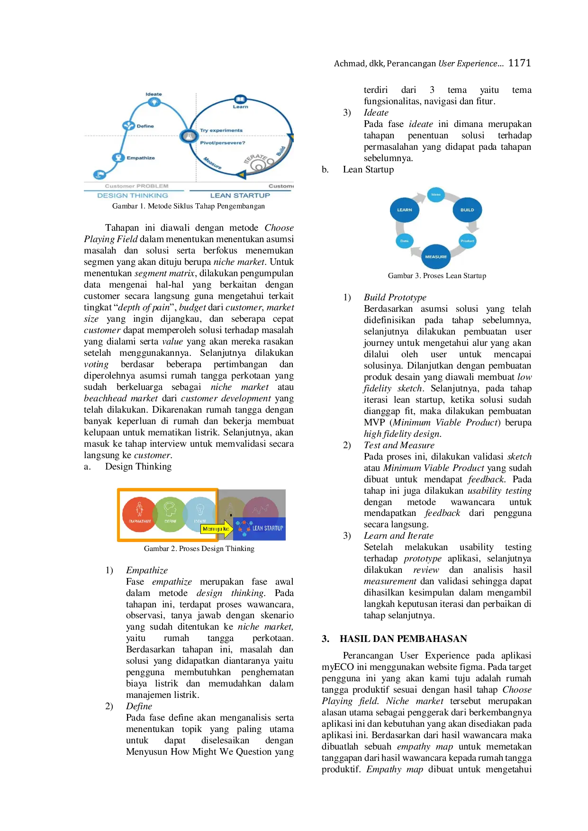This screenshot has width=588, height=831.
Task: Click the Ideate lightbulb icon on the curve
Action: [x=153, y=102]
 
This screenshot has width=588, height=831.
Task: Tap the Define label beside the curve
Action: [x=145, y=126]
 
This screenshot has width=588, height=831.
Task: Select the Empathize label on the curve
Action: [x=140, y=158]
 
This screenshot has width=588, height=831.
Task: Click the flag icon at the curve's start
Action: [x=99, y=175]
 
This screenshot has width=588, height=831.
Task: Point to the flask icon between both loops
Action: [x=189, y=136]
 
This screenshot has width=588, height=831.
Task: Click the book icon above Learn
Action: [x=240, y=99]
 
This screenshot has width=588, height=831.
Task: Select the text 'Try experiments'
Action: [x=221, y=130]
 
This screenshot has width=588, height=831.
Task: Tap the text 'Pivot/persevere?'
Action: [x=222, y=143]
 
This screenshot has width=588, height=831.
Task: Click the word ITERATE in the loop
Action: [x=255, y=158]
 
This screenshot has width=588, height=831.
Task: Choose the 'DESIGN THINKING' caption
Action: [x=133, y=195]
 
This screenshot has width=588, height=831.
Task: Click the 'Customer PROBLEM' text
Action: [x=136, y=186]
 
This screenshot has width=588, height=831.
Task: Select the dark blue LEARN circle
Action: [x=404, y=210]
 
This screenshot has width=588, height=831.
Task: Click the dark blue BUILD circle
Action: [x=467, y=210]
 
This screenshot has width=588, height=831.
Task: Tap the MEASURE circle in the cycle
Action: [x=436, y=257]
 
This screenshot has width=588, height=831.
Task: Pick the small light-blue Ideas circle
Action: [x=436, y=194]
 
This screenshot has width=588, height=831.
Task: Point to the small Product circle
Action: [x=467, y=241]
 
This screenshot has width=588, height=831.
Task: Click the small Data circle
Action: [x=404, y=241]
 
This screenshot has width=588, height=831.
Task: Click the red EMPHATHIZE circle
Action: [x=139, y=515]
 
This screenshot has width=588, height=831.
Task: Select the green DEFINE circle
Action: [x=170, y=515]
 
